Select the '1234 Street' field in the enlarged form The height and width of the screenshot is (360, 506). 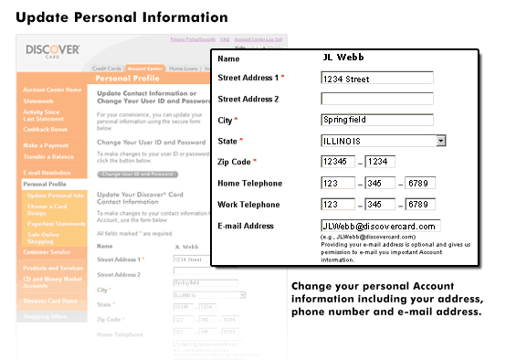coord(377,79)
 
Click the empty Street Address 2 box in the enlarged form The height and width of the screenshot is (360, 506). coord(377,99)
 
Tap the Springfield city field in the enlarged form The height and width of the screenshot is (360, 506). coord(377,120)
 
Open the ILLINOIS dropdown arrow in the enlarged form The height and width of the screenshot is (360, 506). coord(440,141)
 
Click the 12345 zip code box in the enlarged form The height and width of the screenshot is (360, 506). coord(338,162)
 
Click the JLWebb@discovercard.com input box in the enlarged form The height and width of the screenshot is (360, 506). coord(380,225)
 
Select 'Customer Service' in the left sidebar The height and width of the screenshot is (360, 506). coord(48,251)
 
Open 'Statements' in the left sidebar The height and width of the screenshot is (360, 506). coord(39,101)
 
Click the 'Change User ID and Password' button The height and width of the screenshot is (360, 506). coord(137,174)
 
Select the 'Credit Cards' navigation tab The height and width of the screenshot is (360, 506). coord(107,69)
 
